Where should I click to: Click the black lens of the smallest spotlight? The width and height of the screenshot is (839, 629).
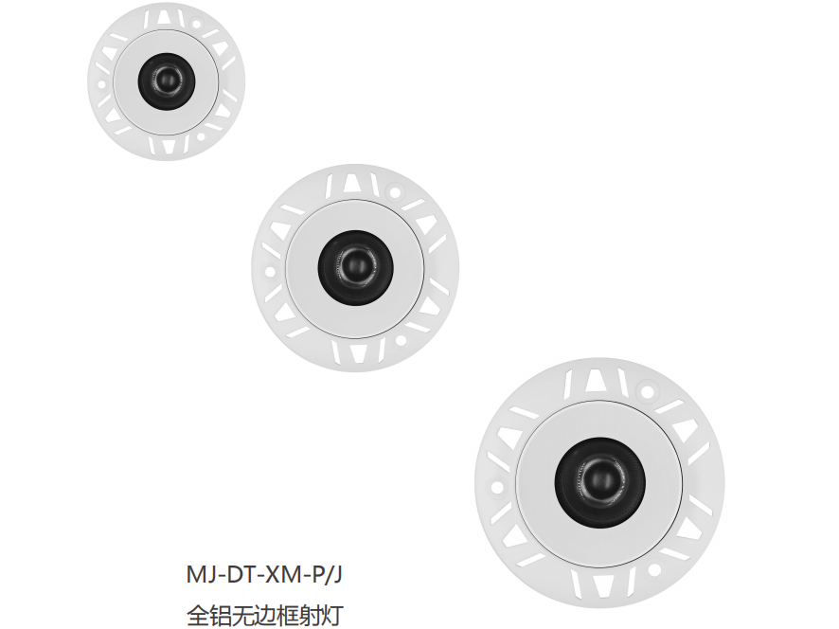167,81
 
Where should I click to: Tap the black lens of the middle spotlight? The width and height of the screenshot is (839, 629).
355,268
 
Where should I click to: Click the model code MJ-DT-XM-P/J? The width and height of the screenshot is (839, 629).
264,574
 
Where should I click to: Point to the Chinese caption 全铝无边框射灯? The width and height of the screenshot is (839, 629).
264,615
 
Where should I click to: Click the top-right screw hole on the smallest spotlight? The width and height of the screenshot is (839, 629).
196,24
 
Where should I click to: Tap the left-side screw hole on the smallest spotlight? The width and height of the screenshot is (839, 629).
101,84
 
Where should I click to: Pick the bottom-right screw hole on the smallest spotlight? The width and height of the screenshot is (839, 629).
201,136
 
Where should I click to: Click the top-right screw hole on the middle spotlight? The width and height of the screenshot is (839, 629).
396,192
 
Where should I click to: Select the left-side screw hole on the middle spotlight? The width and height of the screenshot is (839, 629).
270,272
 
